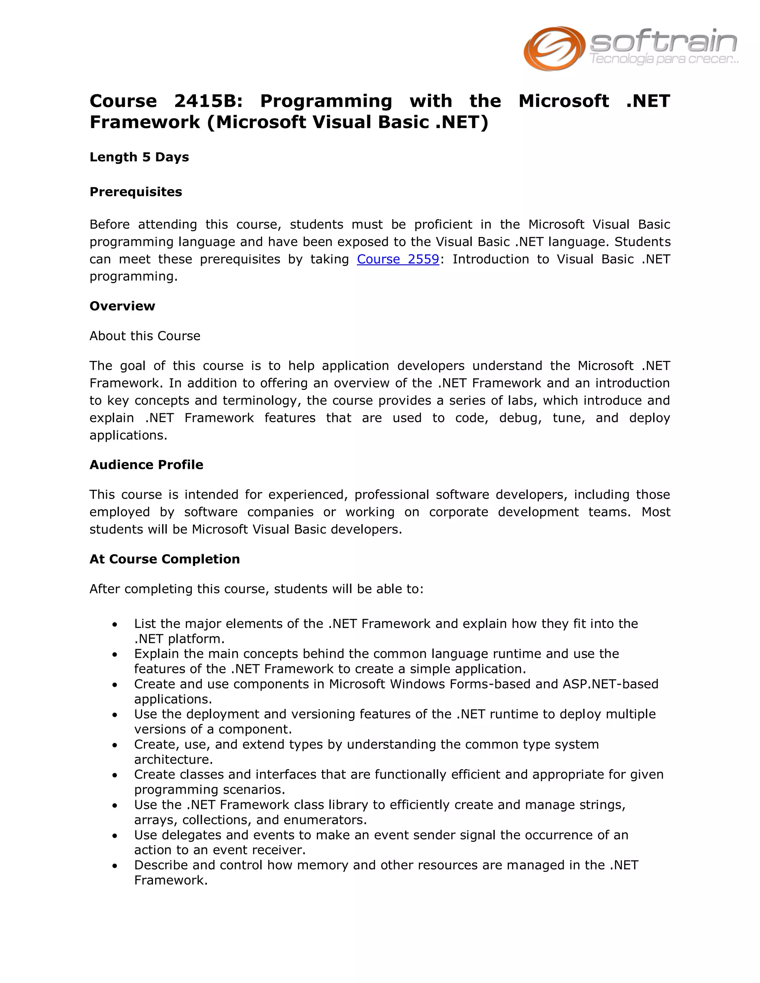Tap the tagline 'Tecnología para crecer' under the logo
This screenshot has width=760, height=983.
point(663,59)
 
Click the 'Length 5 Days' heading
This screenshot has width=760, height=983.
point(139,157)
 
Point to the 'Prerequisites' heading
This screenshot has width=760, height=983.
point(135,192)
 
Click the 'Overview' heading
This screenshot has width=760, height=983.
point(122,306)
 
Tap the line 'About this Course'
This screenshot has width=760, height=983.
point(144,336)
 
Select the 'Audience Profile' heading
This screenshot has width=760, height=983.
point(146,464)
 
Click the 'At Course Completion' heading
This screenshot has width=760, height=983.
point(164,559)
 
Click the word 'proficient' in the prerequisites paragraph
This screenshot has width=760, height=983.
point(443,224)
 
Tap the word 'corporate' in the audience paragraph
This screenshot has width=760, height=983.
point(458,512)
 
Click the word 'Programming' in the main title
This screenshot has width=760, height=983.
point(326,101)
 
